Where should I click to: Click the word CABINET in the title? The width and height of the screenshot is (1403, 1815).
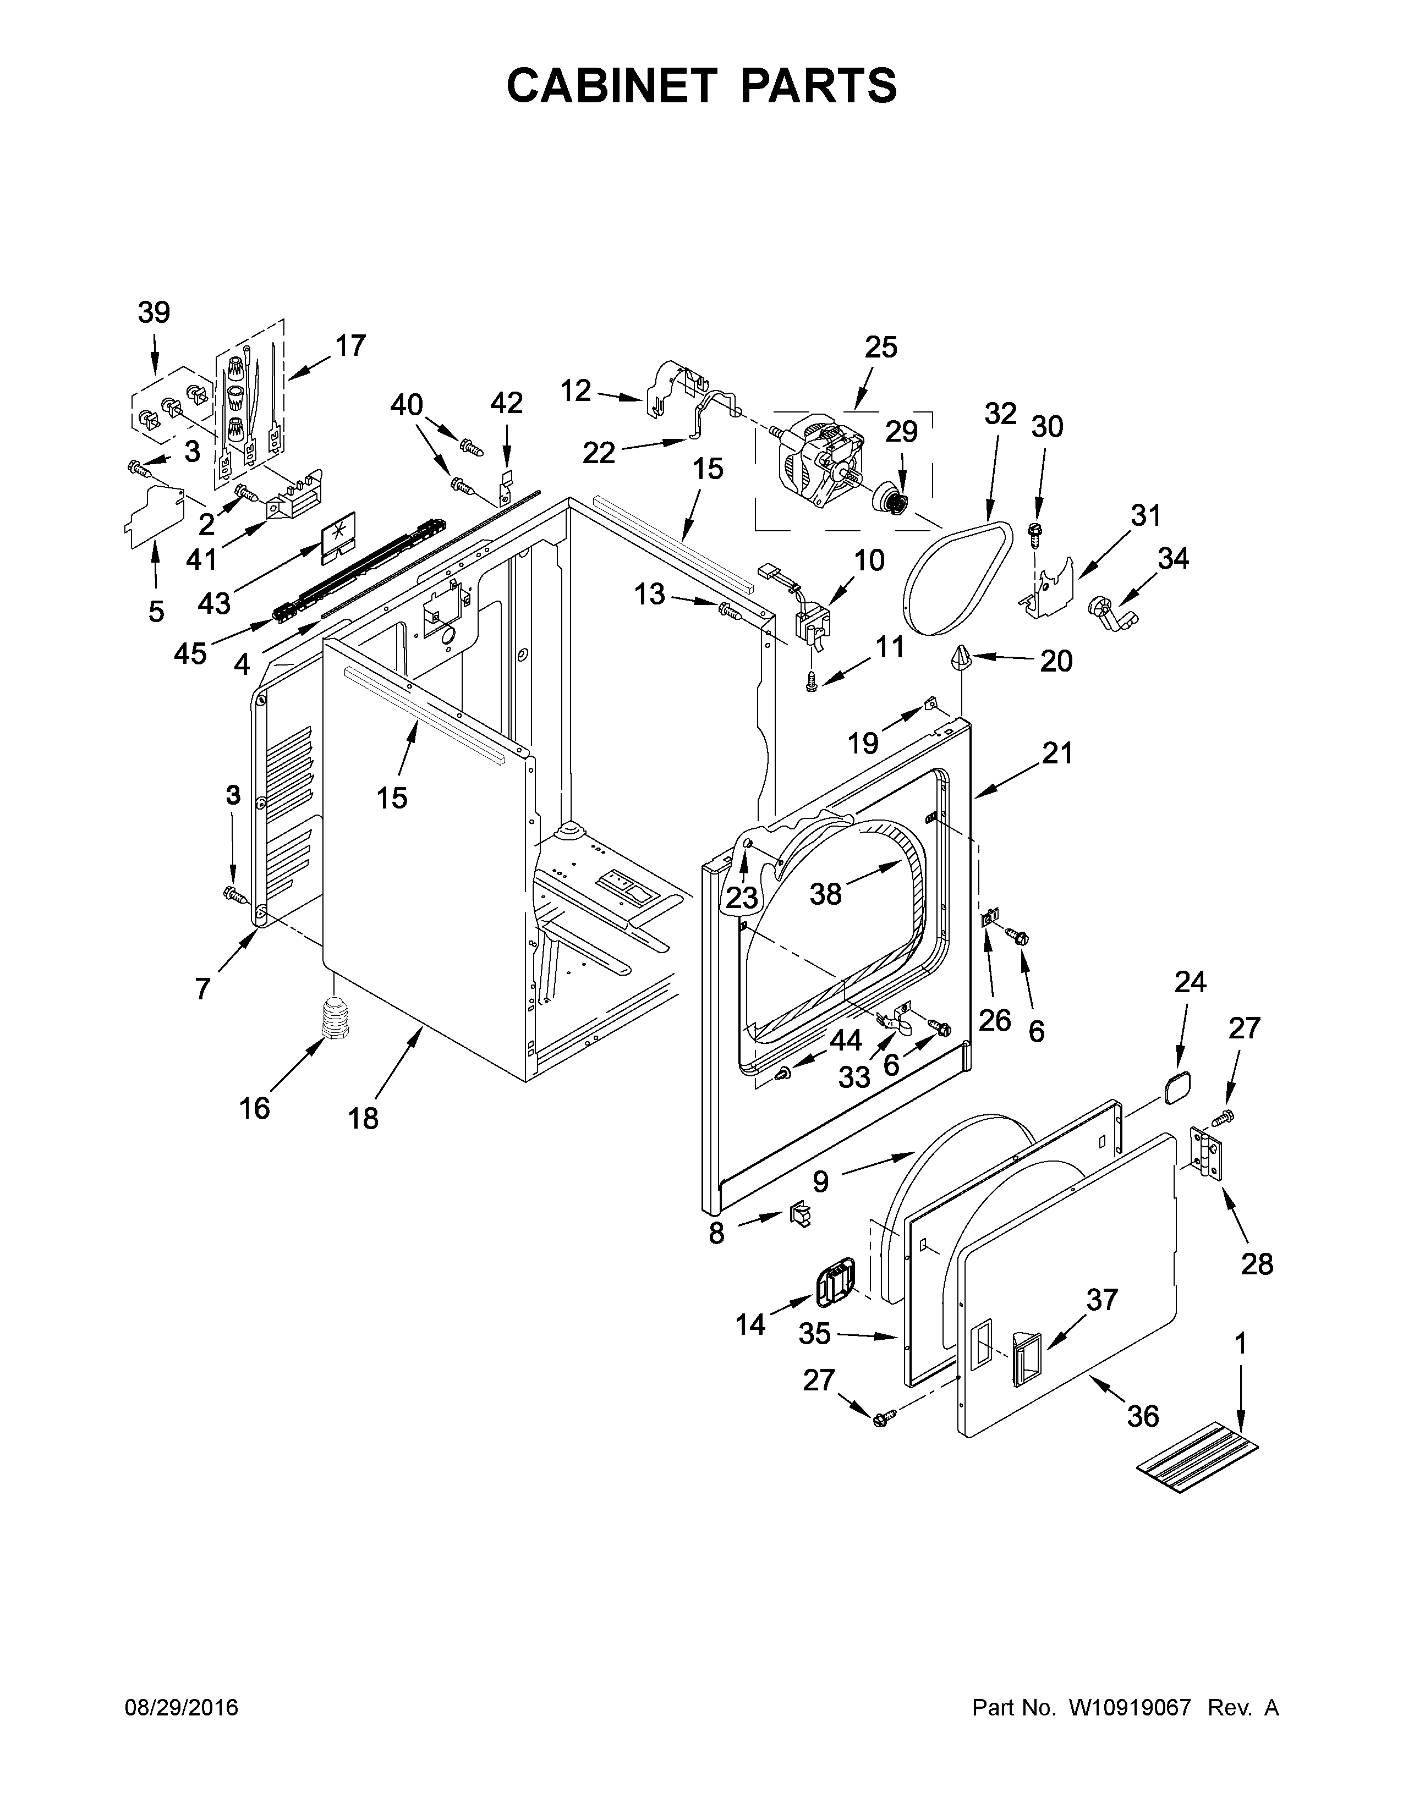[611, 86]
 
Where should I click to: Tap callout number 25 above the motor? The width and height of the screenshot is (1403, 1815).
[880, 348]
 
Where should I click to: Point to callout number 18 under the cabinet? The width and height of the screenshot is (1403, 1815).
[363, 1119]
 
